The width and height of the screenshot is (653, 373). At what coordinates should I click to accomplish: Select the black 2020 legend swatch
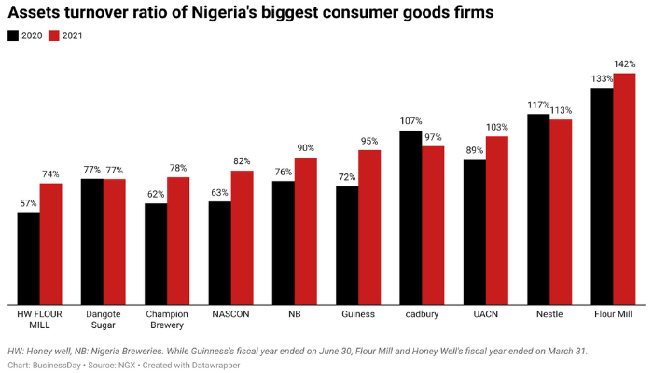(13, 35)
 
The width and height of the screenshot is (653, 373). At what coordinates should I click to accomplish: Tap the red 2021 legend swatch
(54, 35)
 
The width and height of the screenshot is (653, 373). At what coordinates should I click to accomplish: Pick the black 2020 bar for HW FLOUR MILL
(28, 257)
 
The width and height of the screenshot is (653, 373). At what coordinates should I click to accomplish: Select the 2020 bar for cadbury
(410, 216)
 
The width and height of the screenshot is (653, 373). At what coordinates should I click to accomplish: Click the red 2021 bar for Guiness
(369, 227)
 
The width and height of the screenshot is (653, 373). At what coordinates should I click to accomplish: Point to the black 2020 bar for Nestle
(538, 208)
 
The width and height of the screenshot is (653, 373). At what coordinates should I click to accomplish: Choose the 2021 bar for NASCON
(242, 237)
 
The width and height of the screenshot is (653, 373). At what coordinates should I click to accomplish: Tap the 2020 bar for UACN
(474, 231)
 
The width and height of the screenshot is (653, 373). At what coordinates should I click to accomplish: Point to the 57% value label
(28, 203)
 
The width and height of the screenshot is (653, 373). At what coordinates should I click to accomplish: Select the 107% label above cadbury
(410, 121)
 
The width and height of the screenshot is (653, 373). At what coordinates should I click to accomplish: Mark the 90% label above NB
(306, 148)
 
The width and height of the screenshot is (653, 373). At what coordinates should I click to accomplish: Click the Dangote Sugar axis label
(103, 320)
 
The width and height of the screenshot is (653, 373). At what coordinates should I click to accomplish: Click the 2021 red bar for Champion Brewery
(178, 240)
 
